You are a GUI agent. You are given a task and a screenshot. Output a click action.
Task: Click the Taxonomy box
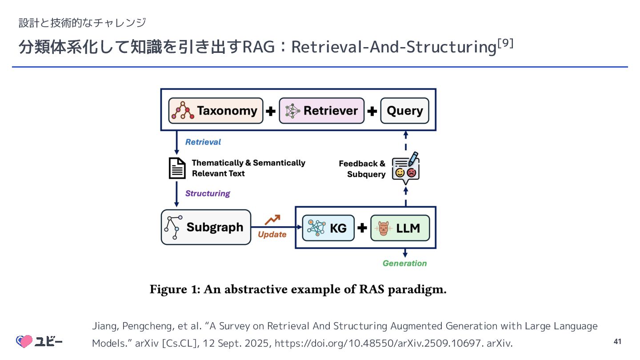(x=216, y=111)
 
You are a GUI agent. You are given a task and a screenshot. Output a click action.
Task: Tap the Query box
(x=404, y=111)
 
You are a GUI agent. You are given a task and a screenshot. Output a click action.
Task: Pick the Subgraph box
(x=206, y=227)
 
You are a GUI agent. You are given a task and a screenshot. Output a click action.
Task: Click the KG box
(x=328, y=228)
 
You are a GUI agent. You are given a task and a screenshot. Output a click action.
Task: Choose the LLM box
(x=400, y=228)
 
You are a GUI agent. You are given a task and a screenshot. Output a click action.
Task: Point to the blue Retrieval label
(x=203, y=142)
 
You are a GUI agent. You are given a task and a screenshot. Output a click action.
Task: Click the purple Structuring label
(x=208, y=193)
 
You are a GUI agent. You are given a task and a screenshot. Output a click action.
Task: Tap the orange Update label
(x=272, y=234)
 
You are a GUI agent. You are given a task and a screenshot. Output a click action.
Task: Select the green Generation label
(x=404, y=263)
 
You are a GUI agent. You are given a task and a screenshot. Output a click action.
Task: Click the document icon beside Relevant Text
(x=177, y=168)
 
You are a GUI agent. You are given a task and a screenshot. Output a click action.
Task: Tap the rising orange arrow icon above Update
(x=272, y=220)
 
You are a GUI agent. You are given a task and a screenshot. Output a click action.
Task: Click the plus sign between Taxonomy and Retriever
(x=271, y=111)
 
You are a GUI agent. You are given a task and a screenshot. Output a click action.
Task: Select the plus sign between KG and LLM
(x=362, y=228)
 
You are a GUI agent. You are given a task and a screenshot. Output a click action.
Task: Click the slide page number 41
(x=617, y=341)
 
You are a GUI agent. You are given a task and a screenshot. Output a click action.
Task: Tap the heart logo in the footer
(x=25, y=341)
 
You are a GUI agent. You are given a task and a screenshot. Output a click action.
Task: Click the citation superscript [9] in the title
(x=506, y=44)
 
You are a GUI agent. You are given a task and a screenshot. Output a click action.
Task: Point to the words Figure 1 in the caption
(x=175, y=290)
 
